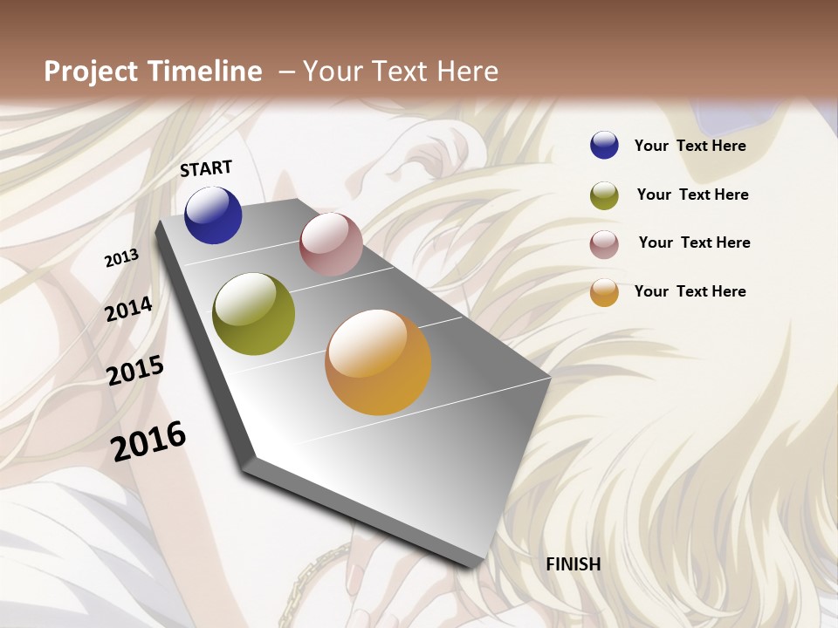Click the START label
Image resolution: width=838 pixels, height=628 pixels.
point(206,168)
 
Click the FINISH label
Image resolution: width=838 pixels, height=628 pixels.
point(573,564)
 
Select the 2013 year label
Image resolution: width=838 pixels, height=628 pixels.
point(121,258)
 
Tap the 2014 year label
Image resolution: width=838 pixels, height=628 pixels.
point(128,309)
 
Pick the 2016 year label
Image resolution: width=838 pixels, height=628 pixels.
point(148,441)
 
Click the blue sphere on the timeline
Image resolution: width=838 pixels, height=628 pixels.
point(213,215)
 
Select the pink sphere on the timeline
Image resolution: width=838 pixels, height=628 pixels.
point(331,244)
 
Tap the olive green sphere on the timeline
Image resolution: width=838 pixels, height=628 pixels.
point(253,314)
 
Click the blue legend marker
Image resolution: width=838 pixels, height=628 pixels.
point(604,146)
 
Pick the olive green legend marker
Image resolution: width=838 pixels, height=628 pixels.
point(604,195)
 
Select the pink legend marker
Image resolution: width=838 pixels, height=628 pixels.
point(604,244)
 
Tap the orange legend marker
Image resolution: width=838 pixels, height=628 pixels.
point(604,292)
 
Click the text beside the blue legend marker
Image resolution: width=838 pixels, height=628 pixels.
point(690,146)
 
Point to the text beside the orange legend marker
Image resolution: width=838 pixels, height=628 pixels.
point(690,291)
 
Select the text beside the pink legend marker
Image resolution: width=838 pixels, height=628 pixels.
point(694,242)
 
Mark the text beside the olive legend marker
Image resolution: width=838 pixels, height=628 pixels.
point(692,195)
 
